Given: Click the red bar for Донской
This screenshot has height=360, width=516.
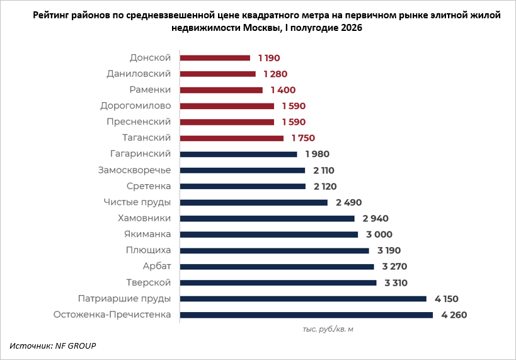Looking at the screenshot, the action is pos(215,58).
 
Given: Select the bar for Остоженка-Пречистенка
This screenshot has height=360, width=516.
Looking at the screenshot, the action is pos(306,315).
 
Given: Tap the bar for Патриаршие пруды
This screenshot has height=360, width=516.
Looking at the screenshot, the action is pos(303,299).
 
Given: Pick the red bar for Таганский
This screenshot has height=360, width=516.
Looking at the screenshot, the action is pos(232,138).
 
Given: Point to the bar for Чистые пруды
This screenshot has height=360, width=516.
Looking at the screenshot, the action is pos(254,202).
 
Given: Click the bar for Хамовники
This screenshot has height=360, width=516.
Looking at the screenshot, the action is pos(267,219).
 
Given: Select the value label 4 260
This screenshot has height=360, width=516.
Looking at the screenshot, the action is pos(454,315).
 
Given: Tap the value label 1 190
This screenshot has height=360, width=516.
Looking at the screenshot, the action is pos(269,58).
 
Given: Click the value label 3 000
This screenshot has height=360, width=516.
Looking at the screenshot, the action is pos(379,235).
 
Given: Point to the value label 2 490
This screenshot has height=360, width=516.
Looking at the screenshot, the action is pos(349,202).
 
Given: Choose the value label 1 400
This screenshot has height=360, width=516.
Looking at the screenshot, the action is pos(284,90).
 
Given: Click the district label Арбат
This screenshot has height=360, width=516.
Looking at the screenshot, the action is pos(157,266).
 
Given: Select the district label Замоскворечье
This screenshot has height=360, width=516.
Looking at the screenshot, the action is pos(135,170).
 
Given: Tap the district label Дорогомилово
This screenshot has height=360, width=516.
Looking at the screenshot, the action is pos(135,106).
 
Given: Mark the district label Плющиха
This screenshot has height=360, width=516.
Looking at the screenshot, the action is pos(149,250).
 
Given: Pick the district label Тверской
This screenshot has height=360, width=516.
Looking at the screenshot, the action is pos(149,282).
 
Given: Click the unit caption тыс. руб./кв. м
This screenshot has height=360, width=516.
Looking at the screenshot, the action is pos(328,329).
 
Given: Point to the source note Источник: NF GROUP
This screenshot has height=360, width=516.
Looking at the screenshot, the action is pos(53,346).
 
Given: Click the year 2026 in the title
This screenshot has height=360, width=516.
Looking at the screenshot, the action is pos(352,28).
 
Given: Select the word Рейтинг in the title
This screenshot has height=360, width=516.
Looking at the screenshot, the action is pos(50,15).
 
